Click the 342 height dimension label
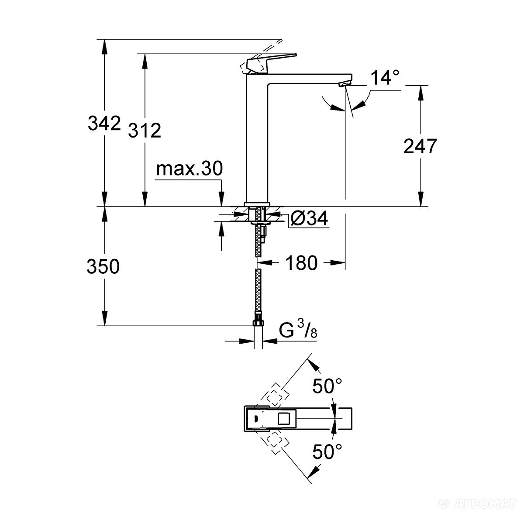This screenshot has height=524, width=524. click(x=104, y=123)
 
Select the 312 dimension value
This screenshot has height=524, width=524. click(x=145, y=130)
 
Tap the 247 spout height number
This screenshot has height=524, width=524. click(x=420, y=146)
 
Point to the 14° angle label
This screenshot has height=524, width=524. click(x=385, y=79)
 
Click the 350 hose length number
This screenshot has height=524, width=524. click(x=103, y=266)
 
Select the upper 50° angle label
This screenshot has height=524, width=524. click(x=327, y=386)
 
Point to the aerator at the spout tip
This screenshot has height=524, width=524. click(x=345, y=83)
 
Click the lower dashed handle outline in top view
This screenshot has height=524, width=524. click(x=274, y=442)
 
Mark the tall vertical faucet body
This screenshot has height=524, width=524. click(x=258, y=140)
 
